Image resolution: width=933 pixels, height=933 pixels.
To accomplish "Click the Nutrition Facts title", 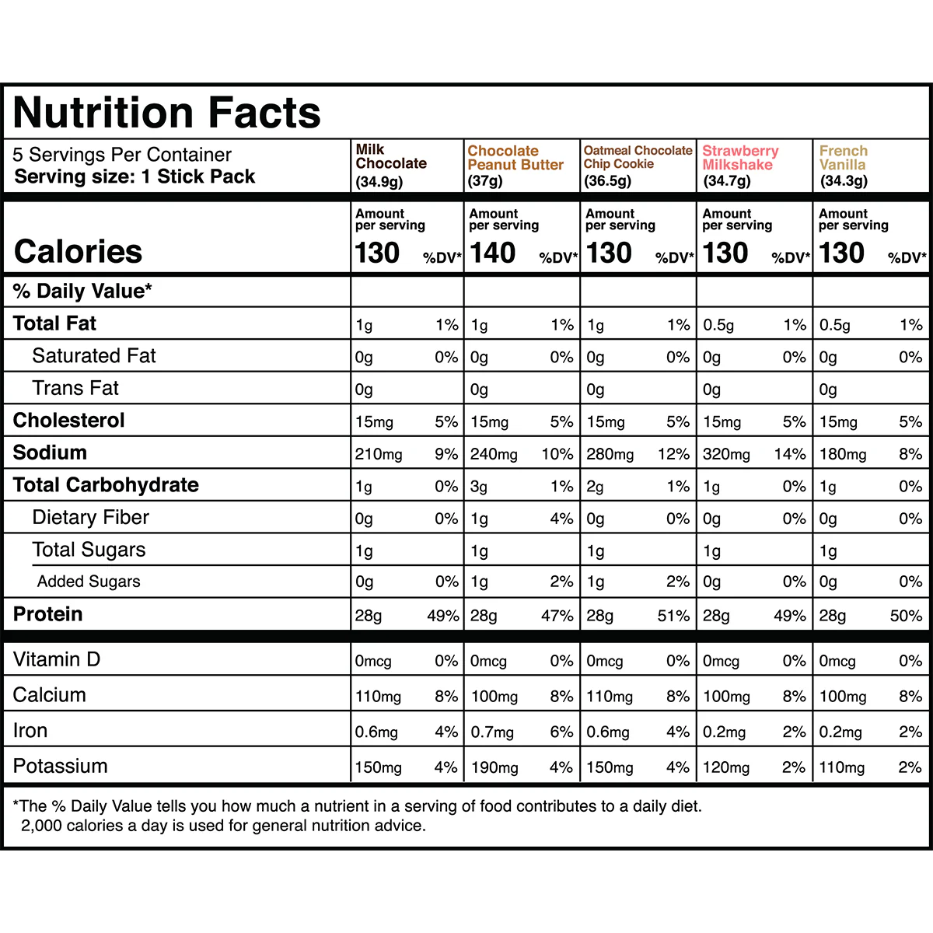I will click(x=167, y=113).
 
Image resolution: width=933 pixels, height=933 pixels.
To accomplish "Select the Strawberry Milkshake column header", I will click(x=739, y=158).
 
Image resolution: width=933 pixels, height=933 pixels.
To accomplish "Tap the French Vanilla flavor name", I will click(x=843, y=158).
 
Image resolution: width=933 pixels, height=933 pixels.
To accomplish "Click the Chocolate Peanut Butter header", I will click(x=515, y=158).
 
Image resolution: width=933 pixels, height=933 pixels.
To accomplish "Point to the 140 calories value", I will click(x=492, y=253).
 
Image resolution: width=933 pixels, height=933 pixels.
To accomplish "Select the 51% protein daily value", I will click(x=673, y=616).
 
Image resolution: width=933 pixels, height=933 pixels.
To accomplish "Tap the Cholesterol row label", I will click(x=69, y=421).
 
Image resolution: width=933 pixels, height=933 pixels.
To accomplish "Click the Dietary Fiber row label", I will click(x=90, y=518).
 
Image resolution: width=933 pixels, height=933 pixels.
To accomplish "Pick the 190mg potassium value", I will click(x=494, y=767).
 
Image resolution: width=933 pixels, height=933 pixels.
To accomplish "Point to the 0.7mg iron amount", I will click(x=492, y=732).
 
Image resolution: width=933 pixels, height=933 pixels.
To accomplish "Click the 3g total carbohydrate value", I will click(x=479, y=487).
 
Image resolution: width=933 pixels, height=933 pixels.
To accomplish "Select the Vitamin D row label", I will click(x=57, y=659).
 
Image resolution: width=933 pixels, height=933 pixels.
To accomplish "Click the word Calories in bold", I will click(x=78, y=252).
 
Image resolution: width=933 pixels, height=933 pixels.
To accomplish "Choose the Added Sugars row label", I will click(x=89, y=582).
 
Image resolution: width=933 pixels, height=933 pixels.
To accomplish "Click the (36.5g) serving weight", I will click(x=607, y=181).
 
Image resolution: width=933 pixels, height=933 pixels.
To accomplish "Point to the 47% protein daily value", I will click(x=557, y=616).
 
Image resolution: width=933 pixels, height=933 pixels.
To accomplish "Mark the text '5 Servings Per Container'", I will click(x=122, y=155).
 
